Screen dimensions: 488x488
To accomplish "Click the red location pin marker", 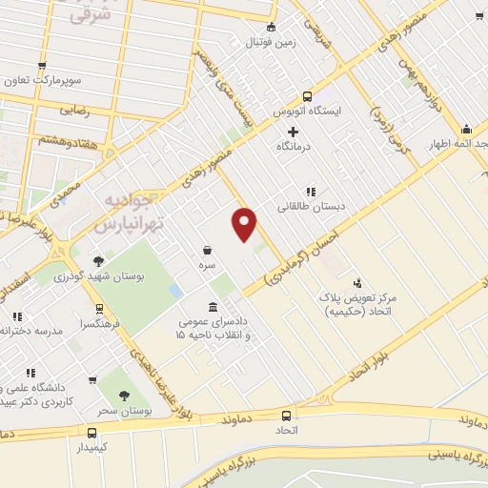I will pos(245,224).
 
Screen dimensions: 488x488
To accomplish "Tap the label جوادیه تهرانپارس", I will pos(131,214).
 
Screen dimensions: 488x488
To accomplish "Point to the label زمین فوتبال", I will pos(266,43).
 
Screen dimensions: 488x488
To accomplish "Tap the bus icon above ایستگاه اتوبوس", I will pos(308,96).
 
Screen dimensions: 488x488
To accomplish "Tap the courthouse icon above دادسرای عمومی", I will pos(211,308).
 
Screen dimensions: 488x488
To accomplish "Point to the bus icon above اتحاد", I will pos(287,416).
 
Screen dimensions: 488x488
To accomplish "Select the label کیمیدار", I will pos(90,446).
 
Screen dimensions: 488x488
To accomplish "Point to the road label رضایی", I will pos(74,111).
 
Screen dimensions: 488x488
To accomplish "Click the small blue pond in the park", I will pos(174,288).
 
